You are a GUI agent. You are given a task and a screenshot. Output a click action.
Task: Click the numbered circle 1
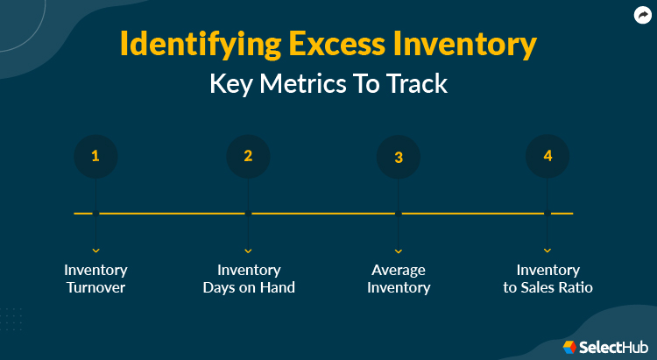click(95, 157)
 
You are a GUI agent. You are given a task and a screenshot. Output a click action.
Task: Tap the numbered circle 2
click(248, 157)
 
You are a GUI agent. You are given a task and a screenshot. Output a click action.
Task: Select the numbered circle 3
click(399, 158)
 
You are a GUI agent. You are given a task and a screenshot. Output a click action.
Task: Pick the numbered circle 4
click(547, 157)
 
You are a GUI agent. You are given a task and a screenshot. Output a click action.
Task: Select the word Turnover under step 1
click(95, 287)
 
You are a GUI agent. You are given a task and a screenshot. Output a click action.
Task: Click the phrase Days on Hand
click(249, 287)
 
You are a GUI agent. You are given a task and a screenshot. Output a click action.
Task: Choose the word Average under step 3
click(399, 270)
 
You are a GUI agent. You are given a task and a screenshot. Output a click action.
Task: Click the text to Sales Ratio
click(547, 287)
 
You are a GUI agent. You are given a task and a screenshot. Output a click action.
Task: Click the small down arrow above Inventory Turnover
click(95, 251)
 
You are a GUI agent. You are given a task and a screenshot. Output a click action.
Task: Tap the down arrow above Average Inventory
click(399, 251)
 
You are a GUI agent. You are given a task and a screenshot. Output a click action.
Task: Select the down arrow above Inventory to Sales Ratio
click(547, 251)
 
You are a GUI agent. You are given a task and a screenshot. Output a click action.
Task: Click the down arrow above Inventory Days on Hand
click(248, 251)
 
